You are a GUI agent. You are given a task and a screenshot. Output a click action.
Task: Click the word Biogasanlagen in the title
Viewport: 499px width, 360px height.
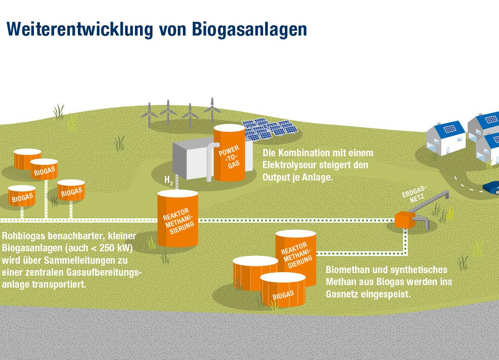(x=249, y=30)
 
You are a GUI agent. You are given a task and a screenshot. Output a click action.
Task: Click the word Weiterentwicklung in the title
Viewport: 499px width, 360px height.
(x=80, y=29)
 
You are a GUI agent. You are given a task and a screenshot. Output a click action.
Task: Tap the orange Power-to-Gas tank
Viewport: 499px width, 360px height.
(x=229, y=153)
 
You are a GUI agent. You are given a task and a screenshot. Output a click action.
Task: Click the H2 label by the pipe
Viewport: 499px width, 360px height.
(x=169, y=181)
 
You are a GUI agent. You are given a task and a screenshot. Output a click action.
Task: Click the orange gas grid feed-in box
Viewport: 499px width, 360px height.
(x=404, y=220)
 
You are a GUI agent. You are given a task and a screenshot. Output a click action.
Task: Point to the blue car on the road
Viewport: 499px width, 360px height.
(x=491, y=187)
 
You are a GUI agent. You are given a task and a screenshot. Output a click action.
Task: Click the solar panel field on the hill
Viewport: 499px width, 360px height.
(x=270, y=129)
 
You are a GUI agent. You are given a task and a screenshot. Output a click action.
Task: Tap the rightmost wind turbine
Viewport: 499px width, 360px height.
(x=212, y=110)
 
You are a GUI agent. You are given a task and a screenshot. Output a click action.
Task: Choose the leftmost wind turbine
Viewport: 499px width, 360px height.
(x=149, y=115)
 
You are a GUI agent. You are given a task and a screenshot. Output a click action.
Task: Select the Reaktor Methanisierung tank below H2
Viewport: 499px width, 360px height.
(x=178, y=218)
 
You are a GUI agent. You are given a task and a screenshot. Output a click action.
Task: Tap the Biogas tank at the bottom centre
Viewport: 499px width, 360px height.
(x=283, y=290)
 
